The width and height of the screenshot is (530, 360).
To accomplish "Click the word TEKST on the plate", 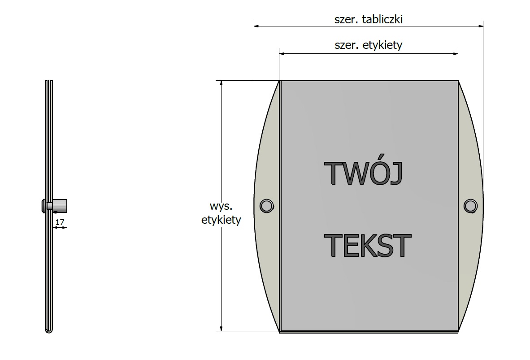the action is [367, 246].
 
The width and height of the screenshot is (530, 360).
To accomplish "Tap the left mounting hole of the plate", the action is [267, 206].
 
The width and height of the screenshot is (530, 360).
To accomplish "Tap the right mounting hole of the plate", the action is [470, 206].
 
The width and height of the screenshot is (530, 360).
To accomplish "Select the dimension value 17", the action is [60, 222].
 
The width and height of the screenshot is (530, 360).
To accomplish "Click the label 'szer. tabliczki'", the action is [369, 19].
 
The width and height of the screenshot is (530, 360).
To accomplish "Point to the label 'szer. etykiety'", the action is [369, 45].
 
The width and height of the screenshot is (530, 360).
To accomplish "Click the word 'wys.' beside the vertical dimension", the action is [221, 206].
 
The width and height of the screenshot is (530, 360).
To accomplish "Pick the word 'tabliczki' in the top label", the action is [382, 19].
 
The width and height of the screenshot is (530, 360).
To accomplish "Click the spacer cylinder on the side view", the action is [60, 206].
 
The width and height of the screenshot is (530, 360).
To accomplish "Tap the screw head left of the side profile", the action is [43, 206].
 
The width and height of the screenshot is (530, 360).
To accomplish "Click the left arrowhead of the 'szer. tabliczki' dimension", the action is [256, 26].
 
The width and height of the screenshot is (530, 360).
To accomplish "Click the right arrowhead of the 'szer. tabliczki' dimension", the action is [480, 26].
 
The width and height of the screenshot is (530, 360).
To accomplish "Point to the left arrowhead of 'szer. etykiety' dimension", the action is [282, 53].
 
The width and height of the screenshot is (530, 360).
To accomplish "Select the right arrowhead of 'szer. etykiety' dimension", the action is [455, 53].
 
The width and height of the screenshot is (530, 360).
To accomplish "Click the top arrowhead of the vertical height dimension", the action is [222, 83].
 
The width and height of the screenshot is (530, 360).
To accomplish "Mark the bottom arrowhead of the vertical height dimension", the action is [222, 328].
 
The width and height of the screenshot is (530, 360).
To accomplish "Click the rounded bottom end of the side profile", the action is [49, 330].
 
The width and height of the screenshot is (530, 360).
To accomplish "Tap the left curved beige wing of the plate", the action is [267, 206].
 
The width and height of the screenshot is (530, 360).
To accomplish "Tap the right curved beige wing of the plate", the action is [470, 206].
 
